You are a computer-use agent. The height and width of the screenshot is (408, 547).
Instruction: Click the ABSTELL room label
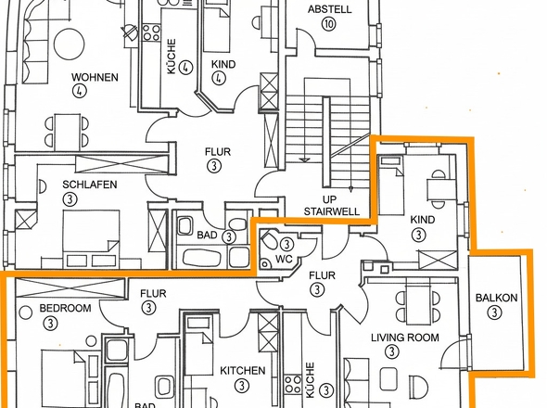(329, 9)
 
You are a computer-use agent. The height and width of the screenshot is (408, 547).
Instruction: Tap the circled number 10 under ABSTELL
(329, 24)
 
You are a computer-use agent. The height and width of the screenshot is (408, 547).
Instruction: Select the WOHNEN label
(95, 77)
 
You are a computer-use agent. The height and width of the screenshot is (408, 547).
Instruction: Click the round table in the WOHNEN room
(70, 44)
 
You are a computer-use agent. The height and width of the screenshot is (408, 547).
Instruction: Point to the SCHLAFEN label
(90, 185)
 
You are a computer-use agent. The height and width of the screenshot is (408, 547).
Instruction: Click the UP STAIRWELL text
(331, 206)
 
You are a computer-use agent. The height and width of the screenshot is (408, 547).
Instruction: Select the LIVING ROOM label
(405, 338)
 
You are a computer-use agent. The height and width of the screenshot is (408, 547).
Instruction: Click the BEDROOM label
(65, 308)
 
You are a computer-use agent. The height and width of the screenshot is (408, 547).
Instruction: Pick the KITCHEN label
(243, 371)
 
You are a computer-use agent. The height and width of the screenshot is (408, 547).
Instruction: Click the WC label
(284, 260)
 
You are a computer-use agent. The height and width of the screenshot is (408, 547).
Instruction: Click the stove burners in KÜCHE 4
(151, 32)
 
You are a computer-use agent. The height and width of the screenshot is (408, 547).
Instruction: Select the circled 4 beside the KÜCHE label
(185, 67)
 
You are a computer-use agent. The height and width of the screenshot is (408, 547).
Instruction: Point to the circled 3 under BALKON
(494, 312)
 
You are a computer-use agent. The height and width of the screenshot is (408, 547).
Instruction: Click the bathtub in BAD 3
(201, 259)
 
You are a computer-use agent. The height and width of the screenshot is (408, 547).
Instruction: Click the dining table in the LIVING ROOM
(417, 305)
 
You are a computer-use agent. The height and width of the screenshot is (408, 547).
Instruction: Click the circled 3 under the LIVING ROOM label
(392, 351)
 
